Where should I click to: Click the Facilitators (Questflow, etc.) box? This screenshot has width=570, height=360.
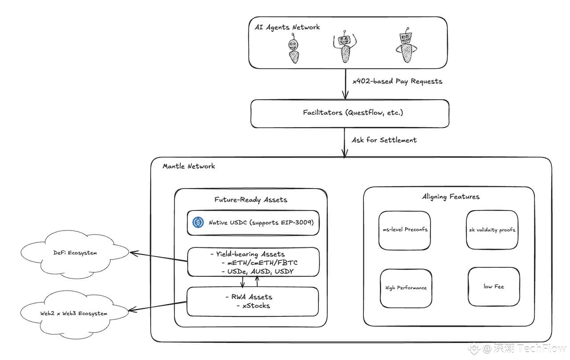point(350,113)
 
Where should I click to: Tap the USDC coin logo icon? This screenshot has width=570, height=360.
point(198,222)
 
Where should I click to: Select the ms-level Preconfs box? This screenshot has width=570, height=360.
point(404,230)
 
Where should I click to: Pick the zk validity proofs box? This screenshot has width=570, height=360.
point(492,230)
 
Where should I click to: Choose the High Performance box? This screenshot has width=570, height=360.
point(406,288)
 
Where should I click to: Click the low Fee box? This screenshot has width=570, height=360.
point(493,287)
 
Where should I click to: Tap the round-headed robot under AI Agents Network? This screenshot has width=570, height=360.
point(293,50)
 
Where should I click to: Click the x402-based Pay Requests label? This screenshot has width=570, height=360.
point(397,81)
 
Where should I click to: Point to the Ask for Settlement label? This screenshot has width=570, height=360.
point(384,140)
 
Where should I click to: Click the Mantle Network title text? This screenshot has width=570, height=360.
point(189,166)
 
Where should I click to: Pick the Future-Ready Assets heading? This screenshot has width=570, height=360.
point(251,199)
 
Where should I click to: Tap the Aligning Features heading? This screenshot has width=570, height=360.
point(451,196)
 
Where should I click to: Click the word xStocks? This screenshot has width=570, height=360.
point(256,306)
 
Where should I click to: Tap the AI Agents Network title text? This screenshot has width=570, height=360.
point(287,27)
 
